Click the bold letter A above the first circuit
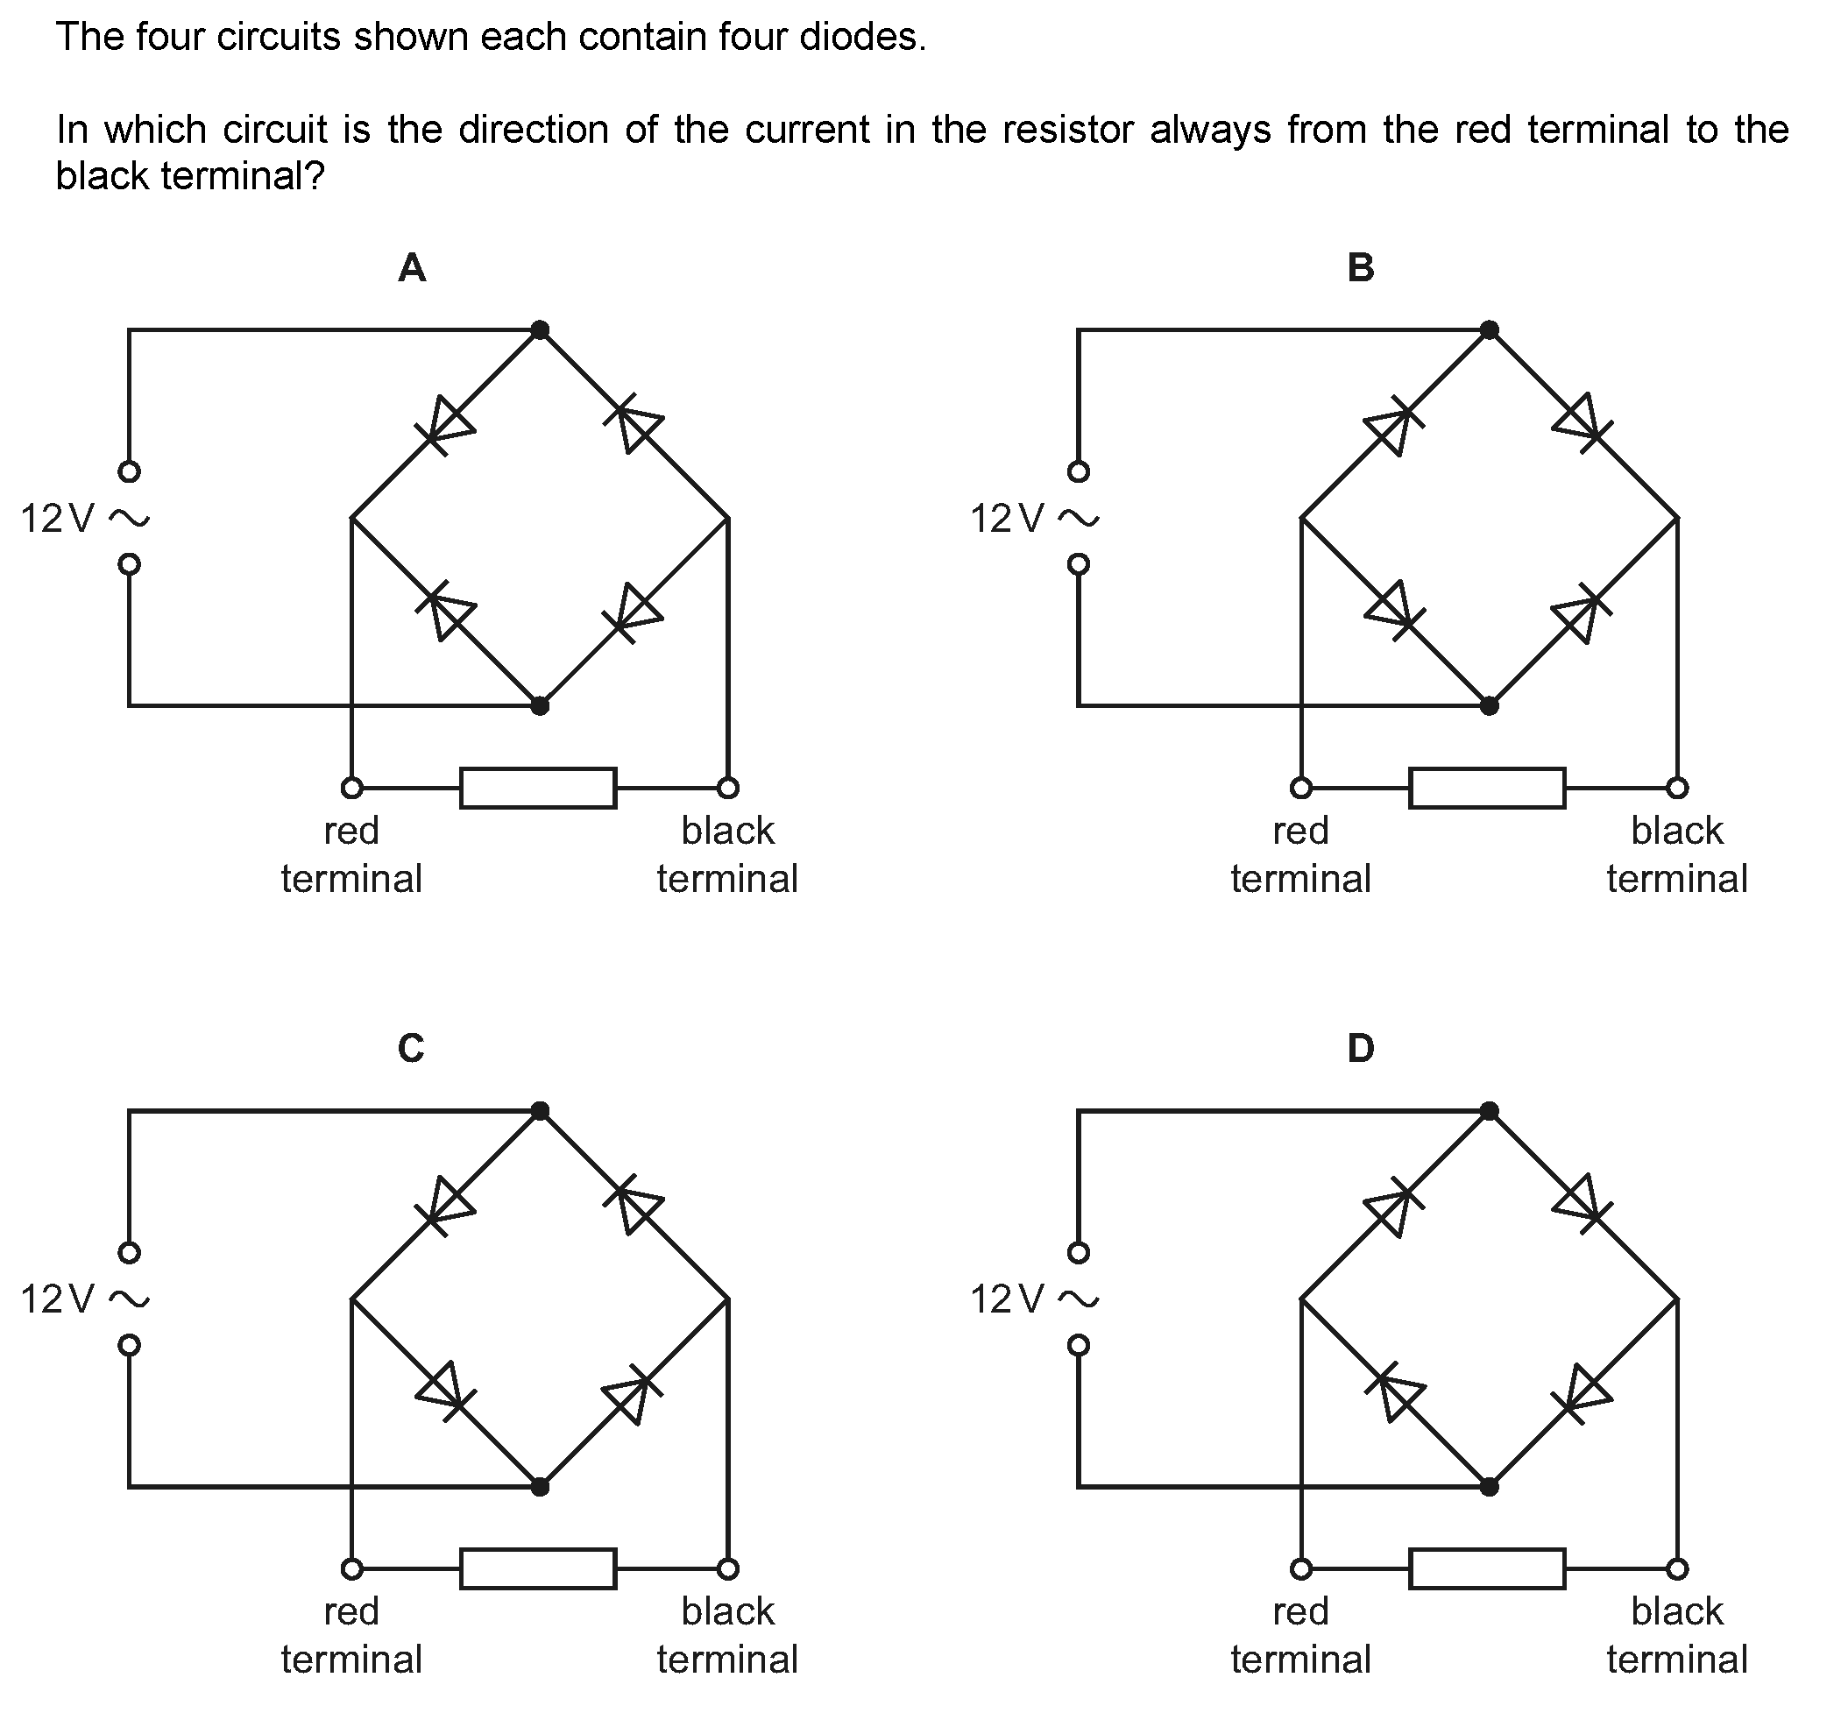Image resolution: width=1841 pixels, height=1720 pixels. coord(411,267)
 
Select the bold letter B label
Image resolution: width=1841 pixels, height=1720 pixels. coord(1360,267)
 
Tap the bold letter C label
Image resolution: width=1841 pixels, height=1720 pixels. coord(411,1049)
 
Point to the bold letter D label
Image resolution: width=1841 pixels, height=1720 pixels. coord(1360,1049)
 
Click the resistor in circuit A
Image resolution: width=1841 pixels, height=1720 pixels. coord(538,789)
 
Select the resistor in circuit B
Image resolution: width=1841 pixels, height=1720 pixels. coord(1487,789)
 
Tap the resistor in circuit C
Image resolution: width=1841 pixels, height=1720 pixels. coord(538,1569)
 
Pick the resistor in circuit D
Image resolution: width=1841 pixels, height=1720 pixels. coord(1487,1569)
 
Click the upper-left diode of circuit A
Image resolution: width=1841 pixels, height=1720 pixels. coord(447,424)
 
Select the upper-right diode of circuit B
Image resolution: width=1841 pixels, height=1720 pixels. coord(1583,422)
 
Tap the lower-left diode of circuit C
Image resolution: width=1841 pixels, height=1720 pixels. coord(447,1391)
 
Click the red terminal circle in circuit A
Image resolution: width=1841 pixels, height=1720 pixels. coord(352,789)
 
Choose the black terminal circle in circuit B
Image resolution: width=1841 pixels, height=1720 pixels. coord(1677,789)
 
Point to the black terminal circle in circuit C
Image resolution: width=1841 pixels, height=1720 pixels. coord(728,1569)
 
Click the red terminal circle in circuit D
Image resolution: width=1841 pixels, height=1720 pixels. coord(1301,1569)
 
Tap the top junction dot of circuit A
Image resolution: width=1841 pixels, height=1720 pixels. coord(540,329)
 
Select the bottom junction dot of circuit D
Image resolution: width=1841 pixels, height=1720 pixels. coord(1489,1487)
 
